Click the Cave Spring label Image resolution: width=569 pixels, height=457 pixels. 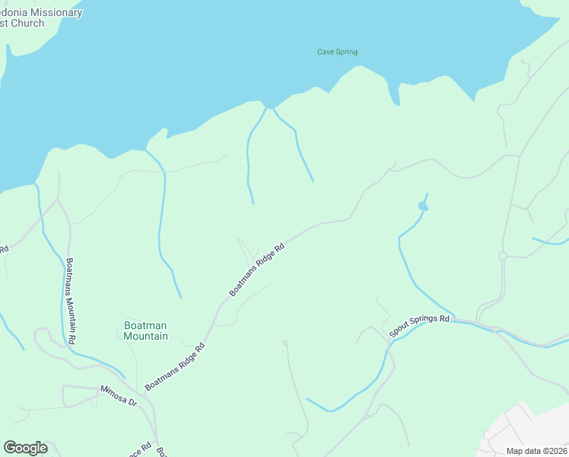(337, 52)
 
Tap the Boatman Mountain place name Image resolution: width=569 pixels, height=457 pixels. (145, 331)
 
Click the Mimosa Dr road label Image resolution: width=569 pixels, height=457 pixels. (118, 394)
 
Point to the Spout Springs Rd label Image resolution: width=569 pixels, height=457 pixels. (420, 326)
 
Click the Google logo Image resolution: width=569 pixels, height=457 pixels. (25, 448)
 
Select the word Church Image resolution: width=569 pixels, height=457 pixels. (26, 24)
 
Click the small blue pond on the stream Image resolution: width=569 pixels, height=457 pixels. (423, 206)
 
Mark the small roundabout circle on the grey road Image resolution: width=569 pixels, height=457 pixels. (502, 256)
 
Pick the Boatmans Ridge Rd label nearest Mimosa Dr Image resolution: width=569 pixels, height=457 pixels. (176, 366)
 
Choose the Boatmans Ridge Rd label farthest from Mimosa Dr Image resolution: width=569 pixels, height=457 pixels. (258, 270)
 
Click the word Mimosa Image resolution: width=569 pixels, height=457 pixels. (113, 392)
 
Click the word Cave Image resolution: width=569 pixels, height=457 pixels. (325, 52)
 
